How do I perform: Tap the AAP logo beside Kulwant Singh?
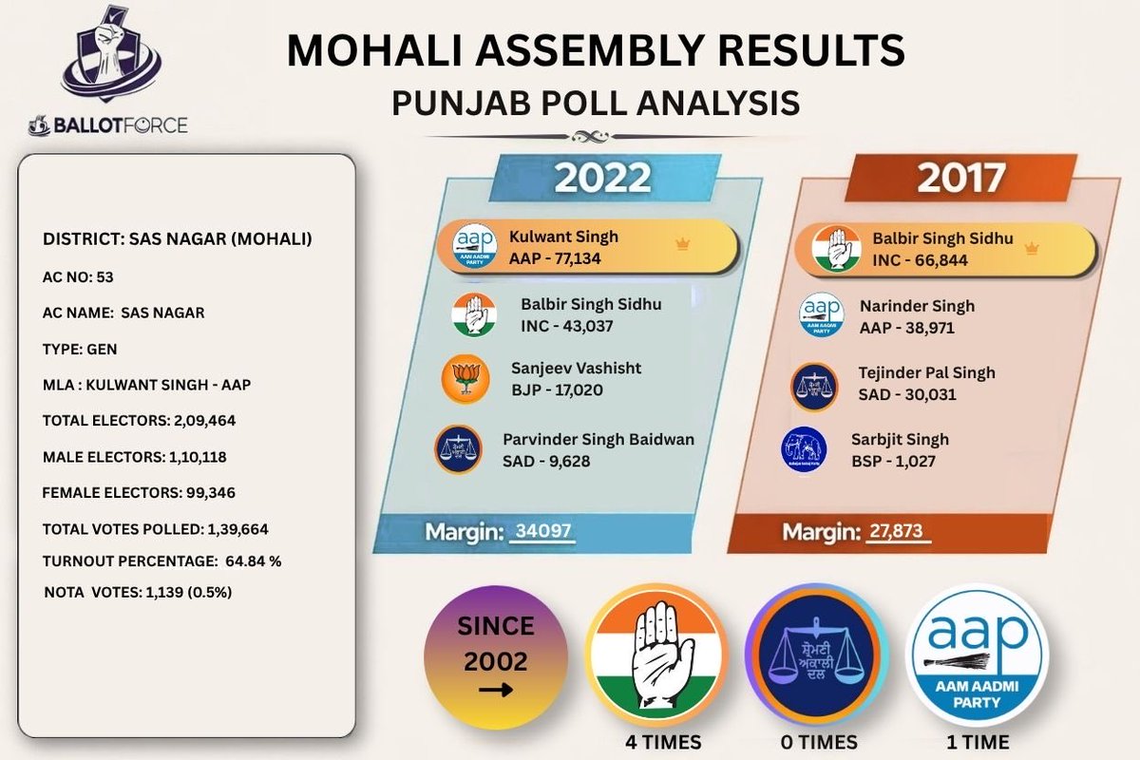pos(474,246)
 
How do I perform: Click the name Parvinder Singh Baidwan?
pos(598,440)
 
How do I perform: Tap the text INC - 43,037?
pos(567,326)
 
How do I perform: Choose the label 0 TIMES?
pos(815,742)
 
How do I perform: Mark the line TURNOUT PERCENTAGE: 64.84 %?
pos(162,560)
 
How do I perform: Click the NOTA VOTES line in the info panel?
pos(139,592)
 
